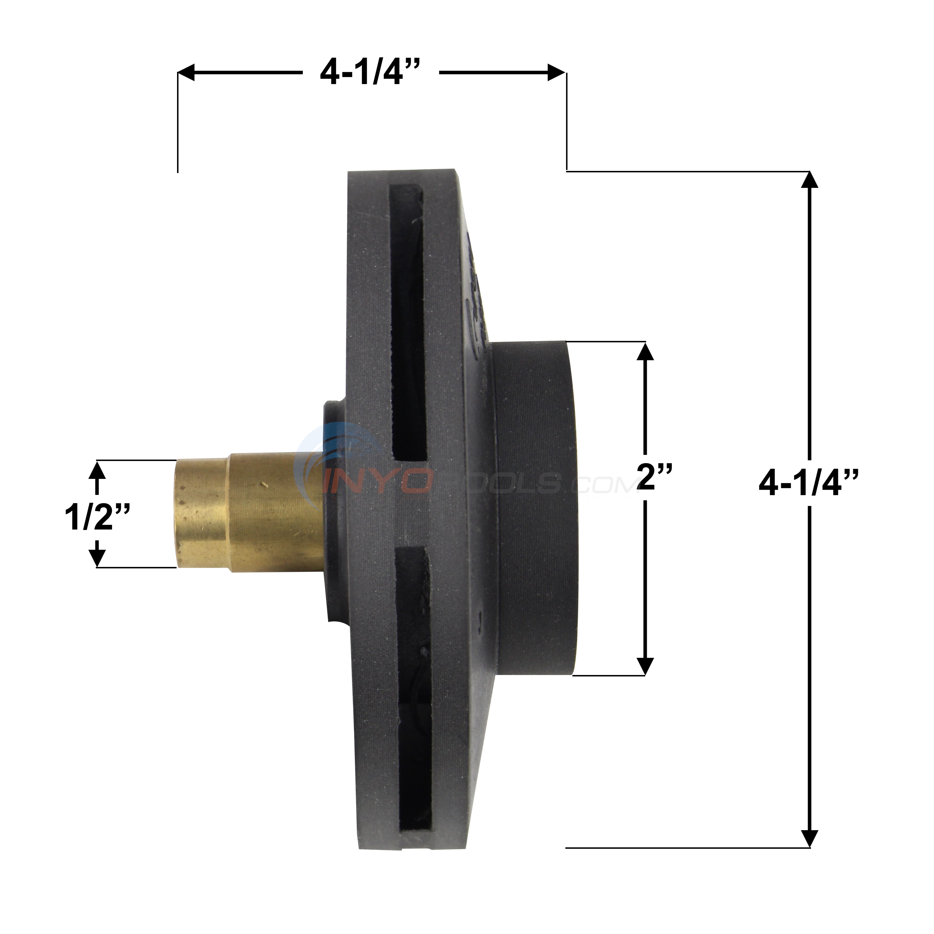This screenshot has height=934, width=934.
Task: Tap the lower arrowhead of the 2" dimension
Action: tap(645, 666)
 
